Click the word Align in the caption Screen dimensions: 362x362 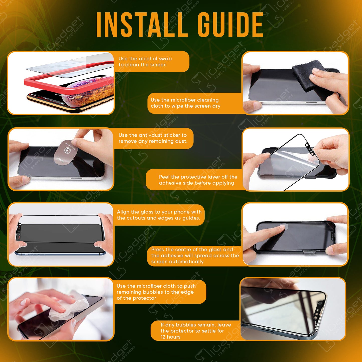[123, 212]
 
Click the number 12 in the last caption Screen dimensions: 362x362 [163, 337]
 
